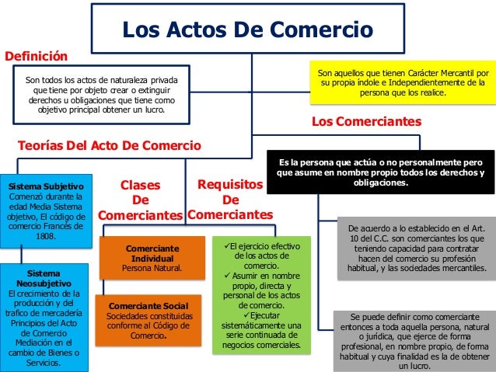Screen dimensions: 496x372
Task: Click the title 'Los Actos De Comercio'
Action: (x=247, y=30)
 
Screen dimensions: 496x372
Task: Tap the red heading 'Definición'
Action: (x=37, y=57)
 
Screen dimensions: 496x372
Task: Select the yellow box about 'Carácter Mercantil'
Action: (x=402, y=82)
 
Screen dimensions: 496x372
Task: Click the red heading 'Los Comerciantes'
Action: (x=366, y=122)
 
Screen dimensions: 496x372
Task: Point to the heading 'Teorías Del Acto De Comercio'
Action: (x=109, y=145)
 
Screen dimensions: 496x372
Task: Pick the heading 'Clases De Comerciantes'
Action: (x=140, y=200)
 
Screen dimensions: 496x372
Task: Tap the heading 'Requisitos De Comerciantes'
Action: (x=230, y=200)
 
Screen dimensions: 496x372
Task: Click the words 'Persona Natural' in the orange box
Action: (x=152, y=268)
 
